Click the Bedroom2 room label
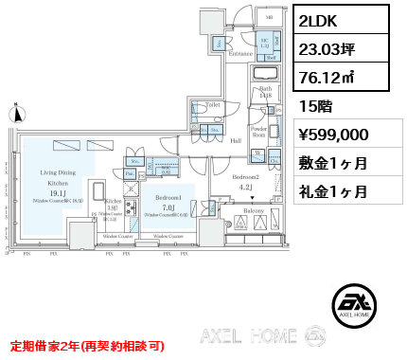pos(245,177)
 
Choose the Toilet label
pos(213,104)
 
